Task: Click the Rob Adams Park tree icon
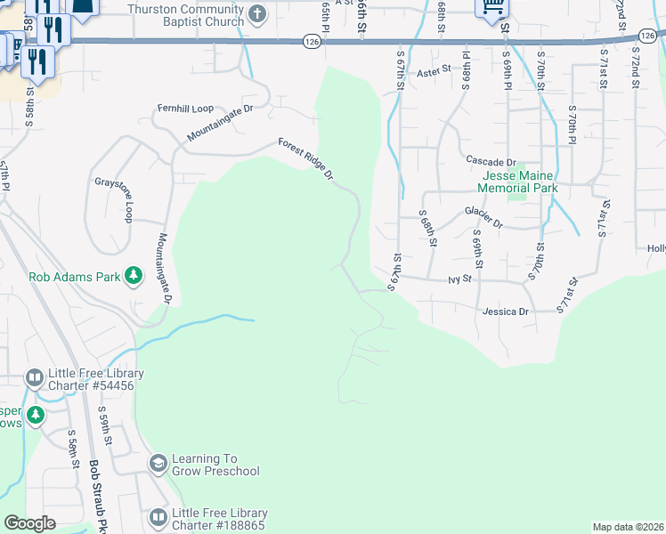(x=134, y=276)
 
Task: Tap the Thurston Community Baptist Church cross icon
(x=257, y=13)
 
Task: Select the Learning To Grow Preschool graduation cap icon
(x=158, y=463)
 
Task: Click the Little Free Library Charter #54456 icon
(x=35, y=378)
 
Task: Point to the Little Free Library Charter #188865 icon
(x=158, y=517)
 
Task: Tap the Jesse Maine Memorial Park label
(x=517, y=182)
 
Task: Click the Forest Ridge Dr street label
(x=305, y=159)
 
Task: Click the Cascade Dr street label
(x=491, y=161)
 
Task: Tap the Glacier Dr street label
(x=483, y=217)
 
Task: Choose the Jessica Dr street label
(x=505, y=311)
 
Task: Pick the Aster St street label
(x=435, y=71)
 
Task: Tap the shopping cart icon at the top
(x=491, y=7)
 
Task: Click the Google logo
(x=29, y=523)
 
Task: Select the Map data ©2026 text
(x=628, y=527)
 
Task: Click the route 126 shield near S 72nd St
(x=646, y=36)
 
